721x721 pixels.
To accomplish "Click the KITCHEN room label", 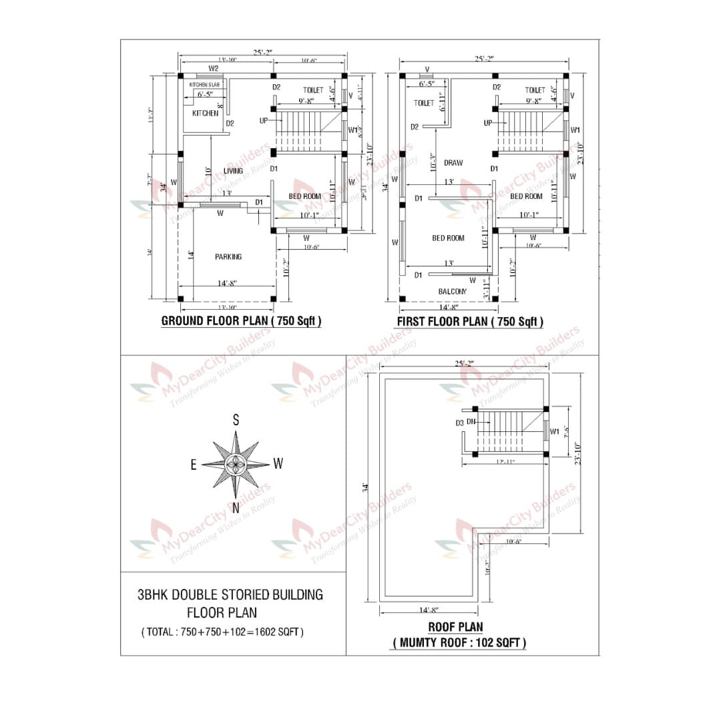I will tap(205, 113).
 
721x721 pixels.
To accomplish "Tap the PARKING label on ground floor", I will tap(228, 257).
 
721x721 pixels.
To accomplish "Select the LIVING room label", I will tap(233, 171).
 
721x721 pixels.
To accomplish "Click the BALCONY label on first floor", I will tap(452, 291).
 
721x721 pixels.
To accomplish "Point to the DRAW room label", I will tap(453, 163).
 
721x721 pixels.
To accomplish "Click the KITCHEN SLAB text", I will tap(204, 85).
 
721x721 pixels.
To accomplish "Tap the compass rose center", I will tap(236, 464).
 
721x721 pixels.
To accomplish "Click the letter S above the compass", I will tap(236, 420).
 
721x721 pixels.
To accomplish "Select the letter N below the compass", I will tap(236, 508).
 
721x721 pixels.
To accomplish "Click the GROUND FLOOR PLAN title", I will tap(241, 321).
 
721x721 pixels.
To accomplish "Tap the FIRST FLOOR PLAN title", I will tap(470, 322).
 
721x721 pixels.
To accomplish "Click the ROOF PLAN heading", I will tap(455, 627).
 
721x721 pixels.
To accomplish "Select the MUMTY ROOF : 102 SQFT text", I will tap(459, 643).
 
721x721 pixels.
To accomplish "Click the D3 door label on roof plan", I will tap(459, 423).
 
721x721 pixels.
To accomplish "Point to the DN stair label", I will tap(471, 422).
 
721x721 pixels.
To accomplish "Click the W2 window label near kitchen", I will tap(214, 69).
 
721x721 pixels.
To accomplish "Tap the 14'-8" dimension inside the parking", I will tap(227, 283).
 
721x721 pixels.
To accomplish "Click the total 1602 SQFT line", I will tap(222, 632).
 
